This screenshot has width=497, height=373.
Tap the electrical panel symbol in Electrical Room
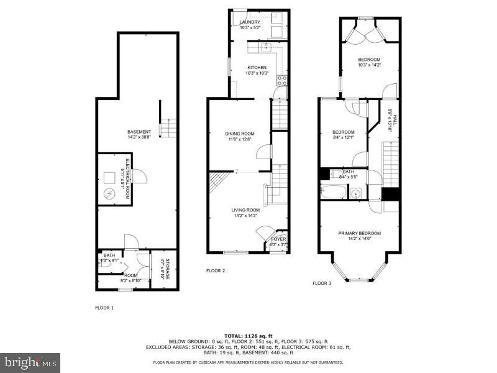109,193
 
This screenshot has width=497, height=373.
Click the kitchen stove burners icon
281,79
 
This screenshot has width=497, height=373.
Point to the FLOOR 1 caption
104,307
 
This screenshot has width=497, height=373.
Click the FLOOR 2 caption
216,270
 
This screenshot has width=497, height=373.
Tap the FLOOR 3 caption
321,283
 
